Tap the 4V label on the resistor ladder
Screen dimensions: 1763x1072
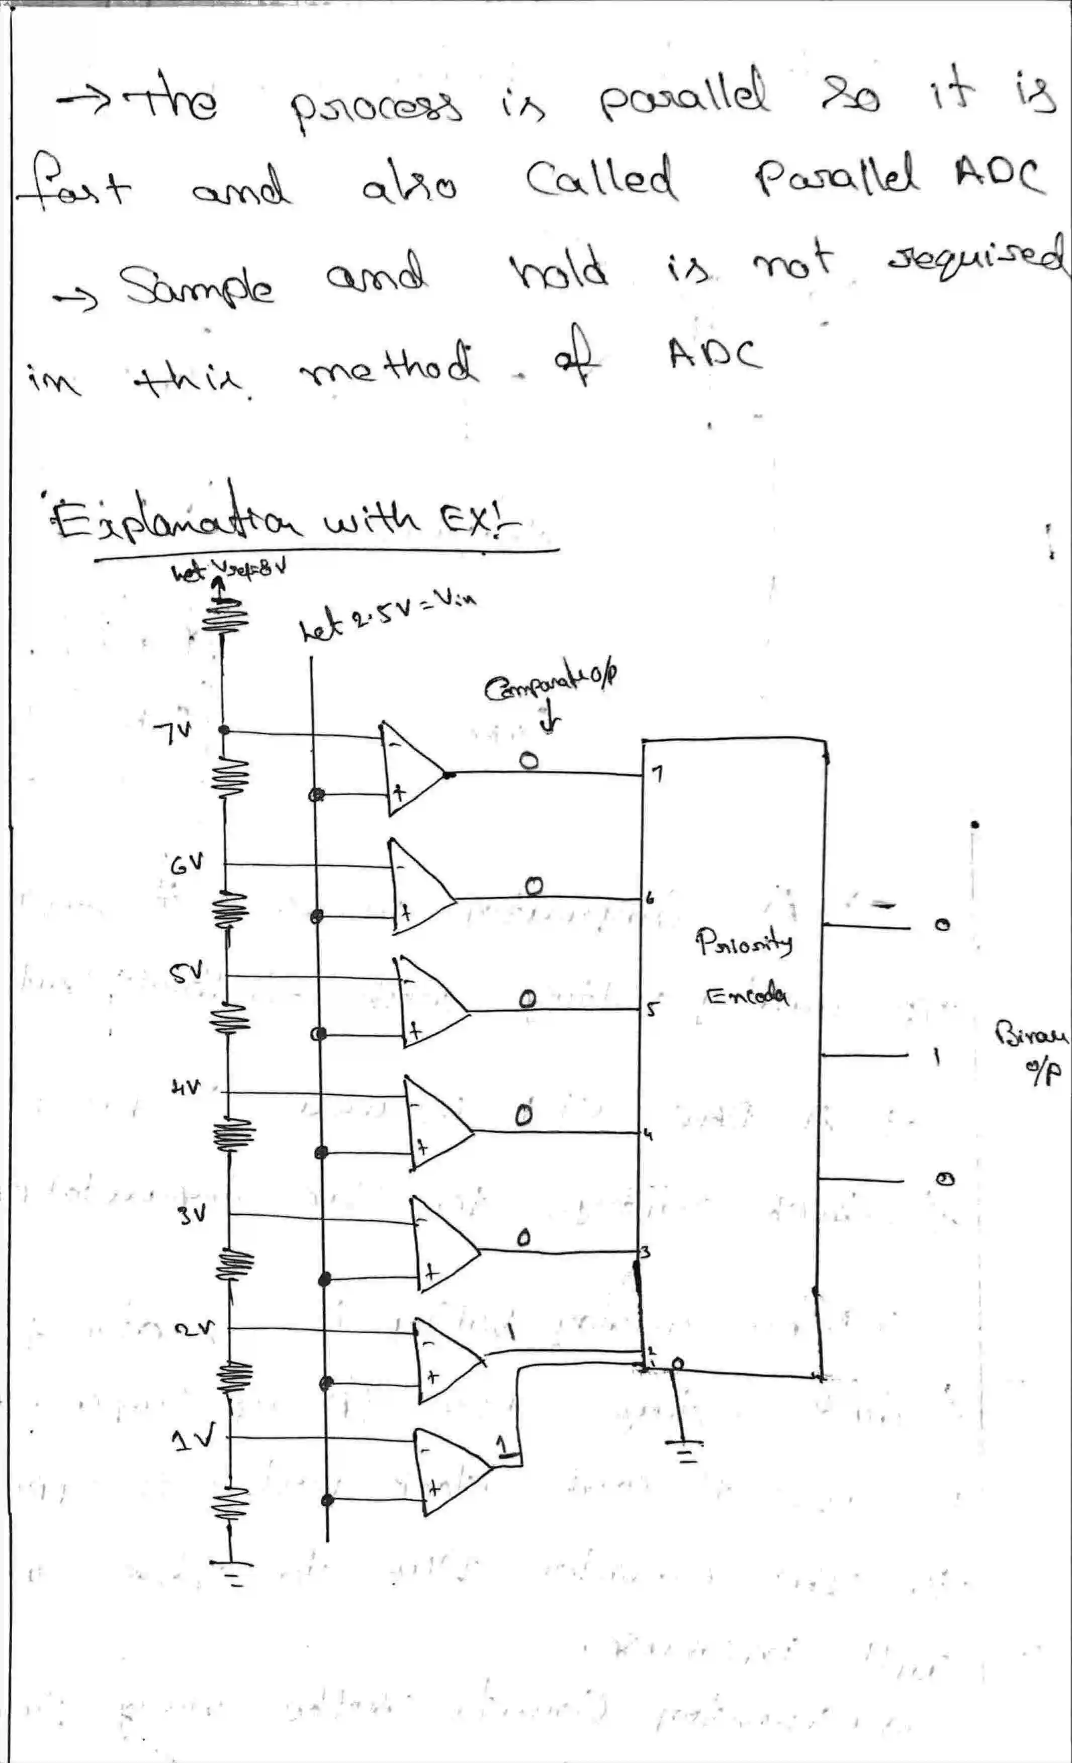click(x=185, y=1088)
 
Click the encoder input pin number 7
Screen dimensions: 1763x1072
click(x=658, y=773)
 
